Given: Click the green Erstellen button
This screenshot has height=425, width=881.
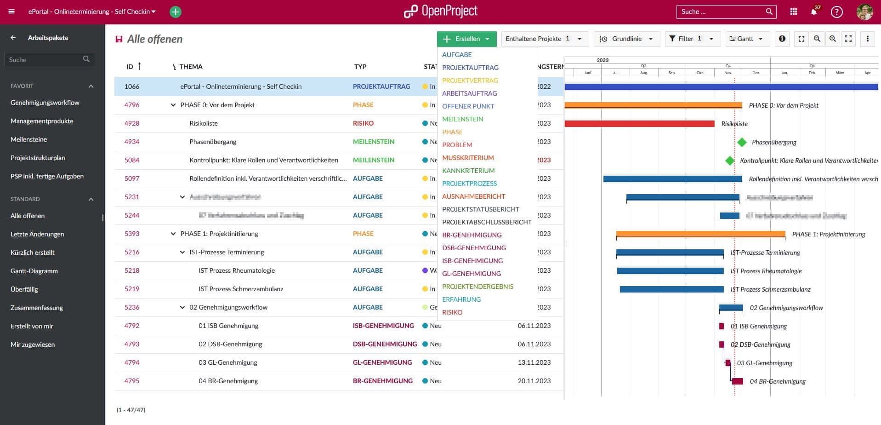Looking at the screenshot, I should click(x=466, y=39).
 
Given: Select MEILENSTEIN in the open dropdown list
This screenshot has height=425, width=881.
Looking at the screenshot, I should click(x=462, y=119).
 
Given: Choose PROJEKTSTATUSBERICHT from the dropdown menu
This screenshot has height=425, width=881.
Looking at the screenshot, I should click(x=480, y=209).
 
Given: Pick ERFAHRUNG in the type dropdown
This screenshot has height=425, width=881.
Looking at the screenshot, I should click(x=461, y=299).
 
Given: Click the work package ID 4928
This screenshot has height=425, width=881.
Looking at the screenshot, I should click(x=132, y=123).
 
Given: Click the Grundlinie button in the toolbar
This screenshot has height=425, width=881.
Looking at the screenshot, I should click(x=626, y=39).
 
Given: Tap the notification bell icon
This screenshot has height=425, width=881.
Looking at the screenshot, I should click(x=813, y=12).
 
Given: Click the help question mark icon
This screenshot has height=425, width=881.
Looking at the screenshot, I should click(x=836, y=12).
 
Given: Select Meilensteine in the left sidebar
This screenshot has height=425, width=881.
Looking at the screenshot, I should click(x=28, y=139).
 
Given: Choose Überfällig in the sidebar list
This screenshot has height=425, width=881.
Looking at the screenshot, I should click(x=24, y=289).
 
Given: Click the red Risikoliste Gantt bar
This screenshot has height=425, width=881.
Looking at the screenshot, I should click(x=639, y=124).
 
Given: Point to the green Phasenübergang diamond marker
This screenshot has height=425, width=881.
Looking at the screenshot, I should click(x=742, y=142).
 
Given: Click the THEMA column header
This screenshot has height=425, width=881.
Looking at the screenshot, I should click(x=191, y=67).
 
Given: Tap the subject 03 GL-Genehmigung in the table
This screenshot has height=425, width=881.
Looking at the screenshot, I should click(x=228, y=362).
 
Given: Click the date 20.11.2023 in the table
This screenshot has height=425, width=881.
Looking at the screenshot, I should click(x=534, y=381).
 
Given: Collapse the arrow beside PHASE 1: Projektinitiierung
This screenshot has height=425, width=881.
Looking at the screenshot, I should click(x=173, y=234).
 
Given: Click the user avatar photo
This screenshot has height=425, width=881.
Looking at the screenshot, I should click(x=864, y=12).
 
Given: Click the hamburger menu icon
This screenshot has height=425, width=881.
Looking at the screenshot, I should click(x=11, y=11).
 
